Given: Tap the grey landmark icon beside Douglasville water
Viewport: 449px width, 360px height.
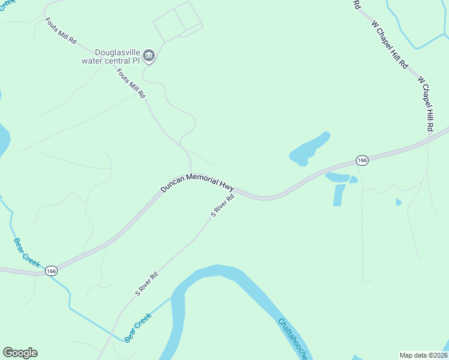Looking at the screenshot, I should coord(150,56).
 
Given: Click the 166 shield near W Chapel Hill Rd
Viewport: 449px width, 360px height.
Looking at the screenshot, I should coord(361,160).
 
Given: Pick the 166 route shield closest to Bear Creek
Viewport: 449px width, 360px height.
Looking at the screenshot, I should coord(52,271).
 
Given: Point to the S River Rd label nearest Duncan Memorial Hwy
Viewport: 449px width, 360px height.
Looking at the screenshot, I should coord(221,205).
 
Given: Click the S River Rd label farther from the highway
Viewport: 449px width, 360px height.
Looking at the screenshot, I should coord(146,284).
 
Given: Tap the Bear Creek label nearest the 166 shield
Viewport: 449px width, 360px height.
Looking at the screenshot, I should coord(27,251).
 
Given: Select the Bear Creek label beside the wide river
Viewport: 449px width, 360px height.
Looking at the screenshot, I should coord(138,328).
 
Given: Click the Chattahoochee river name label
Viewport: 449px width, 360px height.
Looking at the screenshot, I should coord(294,340).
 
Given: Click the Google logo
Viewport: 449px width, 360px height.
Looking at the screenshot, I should coord(20,353).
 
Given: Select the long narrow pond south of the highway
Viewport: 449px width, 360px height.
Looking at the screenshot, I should coord(339,195).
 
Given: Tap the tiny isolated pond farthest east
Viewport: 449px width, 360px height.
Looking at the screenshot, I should coord(398,202).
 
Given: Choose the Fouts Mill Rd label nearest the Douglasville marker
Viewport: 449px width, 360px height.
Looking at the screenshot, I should coord(131,83).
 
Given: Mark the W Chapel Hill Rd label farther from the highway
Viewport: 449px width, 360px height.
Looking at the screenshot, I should coord(390,44).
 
